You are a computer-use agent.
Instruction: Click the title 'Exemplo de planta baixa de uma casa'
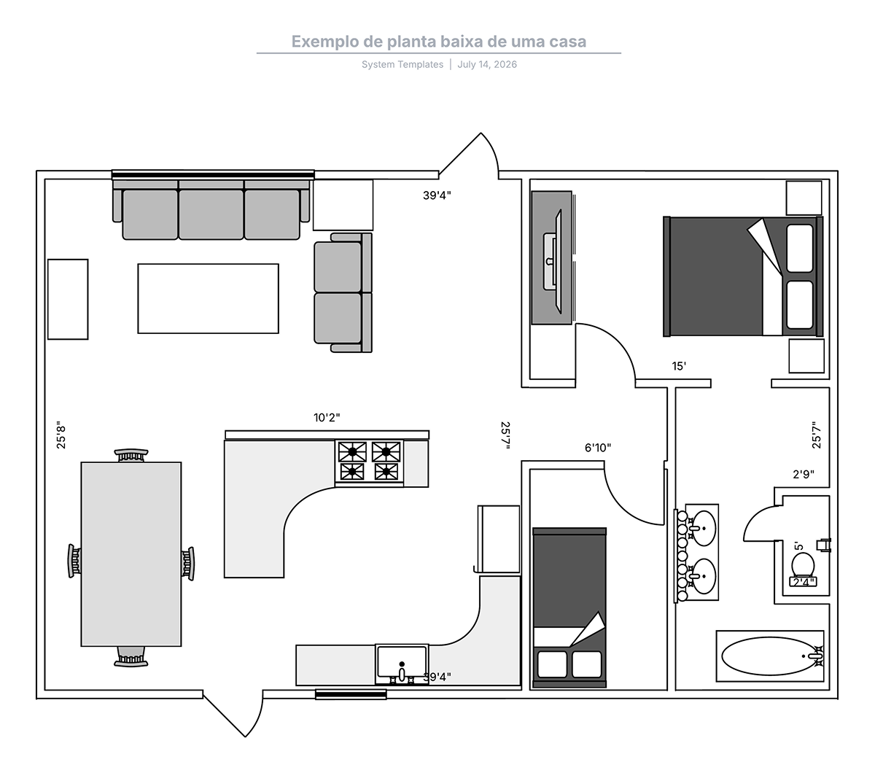(439, 42)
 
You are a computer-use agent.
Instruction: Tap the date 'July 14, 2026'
(487, 64)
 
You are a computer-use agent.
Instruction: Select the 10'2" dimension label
(327, 418)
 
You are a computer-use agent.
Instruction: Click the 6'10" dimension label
(598, 448)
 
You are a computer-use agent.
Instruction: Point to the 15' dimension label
(679, 366)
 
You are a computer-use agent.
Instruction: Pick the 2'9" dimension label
(804, 474)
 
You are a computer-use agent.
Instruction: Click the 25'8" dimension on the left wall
(61, 435)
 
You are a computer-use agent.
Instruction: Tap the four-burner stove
(369, 463)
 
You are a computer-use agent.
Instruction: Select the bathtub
(770, 656)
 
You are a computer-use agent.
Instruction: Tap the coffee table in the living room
(208, 298)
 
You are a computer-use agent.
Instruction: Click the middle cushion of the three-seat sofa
(211, 214)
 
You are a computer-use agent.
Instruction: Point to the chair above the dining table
(131, 455)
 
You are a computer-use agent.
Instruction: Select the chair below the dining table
(131, 657)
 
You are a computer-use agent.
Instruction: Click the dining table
(131, 554)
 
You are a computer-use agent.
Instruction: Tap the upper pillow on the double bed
(800, 249)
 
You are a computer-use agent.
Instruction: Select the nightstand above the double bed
(804, 198)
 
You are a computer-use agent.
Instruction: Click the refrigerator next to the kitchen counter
(499, 539)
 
